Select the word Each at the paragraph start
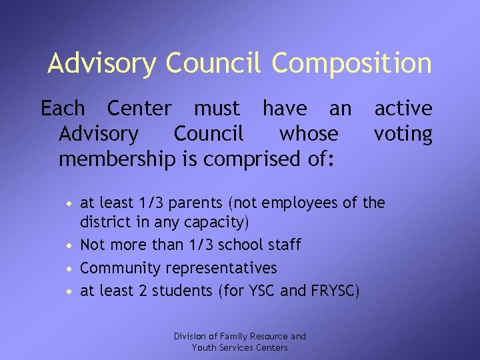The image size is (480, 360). pyautogui.click(x=63, y=108)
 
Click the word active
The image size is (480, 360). pyautogui.click(x=403, y=108)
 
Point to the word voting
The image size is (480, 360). pyautogui.click(x=403, y=134)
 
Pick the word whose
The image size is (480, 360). pyautogui.click(x=309, y=134)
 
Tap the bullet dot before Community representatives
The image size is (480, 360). pyautogui.click(x=69, y=269)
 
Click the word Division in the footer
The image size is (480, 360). pyautogui.click(x=190, y=337)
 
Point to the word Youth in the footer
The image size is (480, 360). pyautogui.click(x=203, y=347)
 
